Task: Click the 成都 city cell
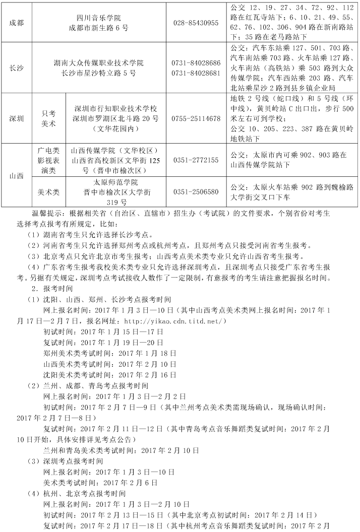(x=16, y=23)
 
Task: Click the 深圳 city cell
(x=16, y=119)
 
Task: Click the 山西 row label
(x=16, y=176)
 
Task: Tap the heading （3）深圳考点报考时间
(x=66, y=461)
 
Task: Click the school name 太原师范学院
(x=115, y=182)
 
